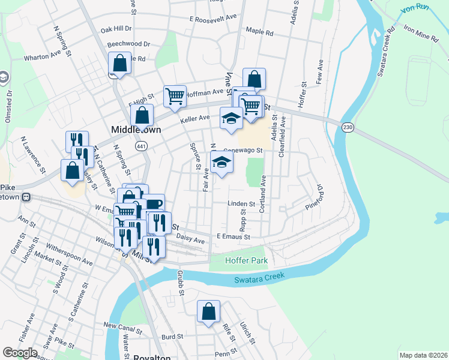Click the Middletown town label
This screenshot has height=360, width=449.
[x=133, y=130]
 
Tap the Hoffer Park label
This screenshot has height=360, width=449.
[x=246, y=261]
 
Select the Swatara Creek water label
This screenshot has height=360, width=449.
[x=259, y=277]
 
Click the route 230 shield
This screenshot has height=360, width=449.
[x=348, y=127]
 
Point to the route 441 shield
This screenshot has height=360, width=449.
[x=141, y=146]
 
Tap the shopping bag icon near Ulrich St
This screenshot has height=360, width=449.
[x=208, y=312]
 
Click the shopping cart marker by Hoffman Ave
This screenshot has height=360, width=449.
[x=175, y=96]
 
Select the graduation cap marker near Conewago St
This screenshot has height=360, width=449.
[x=221, y=162]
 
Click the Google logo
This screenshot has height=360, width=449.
[x=20, y=353]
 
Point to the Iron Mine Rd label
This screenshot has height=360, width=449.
[x=420, y=33]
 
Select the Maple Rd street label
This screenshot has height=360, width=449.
[x=259, y=32]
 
